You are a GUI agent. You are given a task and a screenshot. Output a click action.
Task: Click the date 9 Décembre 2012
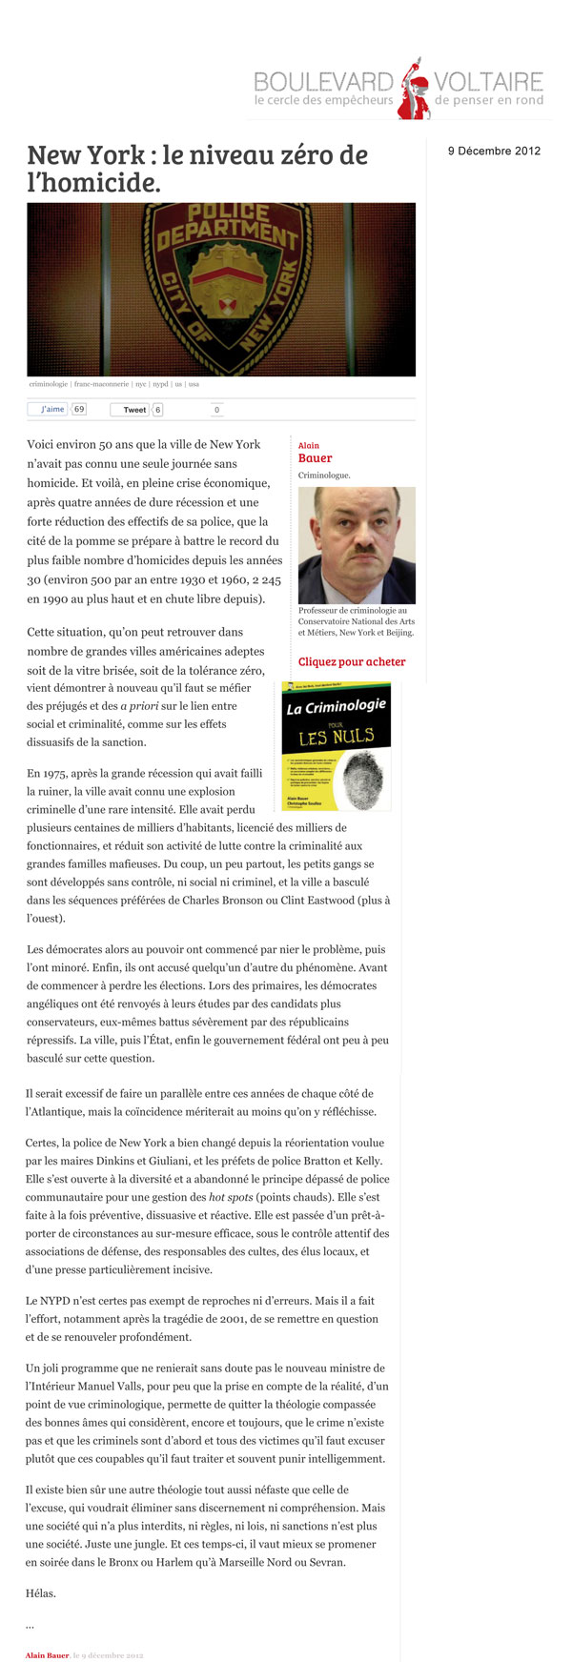click(x=494, y=151)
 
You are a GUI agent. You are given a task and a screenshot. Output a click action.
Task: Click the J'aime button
click(x=47, y=410)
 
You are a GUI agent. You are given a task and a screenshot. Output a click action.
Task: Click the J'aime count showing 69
click(x=79, y=410)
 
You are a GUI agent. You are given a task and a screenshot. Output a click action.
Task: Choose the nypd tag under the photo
click(x=159, y=384)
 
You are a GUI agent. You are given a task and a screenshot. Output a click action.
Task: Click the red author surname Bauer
click(x=315, y=458)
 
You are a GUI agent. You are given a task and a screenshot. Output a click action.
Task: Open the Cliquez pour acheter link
click(x=352, y=661)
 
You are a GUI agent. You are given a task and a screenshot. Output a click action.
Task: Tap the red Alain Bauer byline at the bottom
click(x=47, y=1655)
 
